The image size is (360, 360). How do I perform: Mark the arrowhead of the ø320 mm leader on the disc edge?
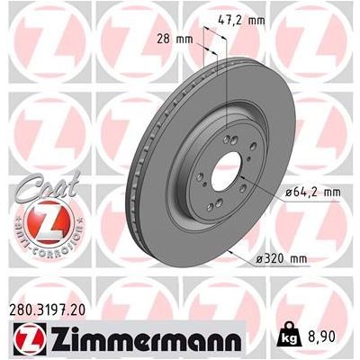[x=231, y=247]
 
